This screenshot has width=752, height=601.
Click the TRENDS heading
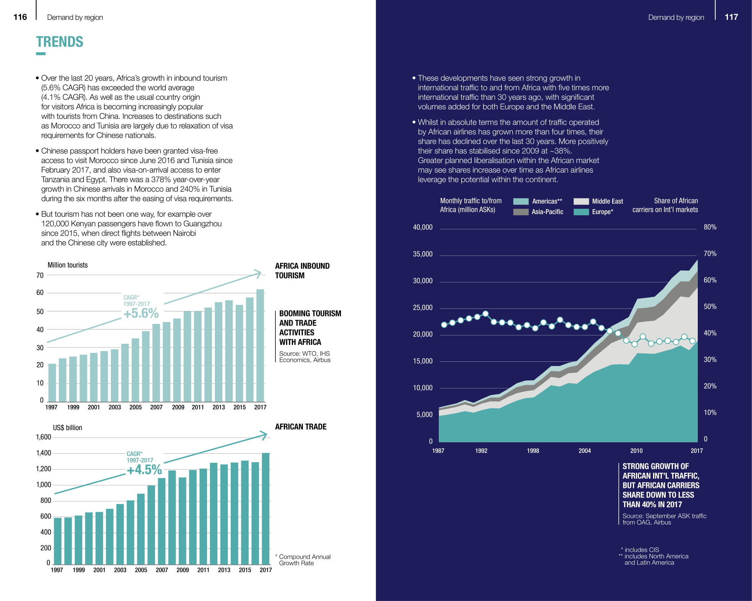point(60,42)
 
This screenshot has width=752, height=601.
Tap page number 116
point(20,17)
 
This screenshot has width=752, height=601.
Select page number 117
point(731,17)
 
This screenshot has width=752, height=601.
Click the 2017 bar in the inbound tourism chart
point(260,345)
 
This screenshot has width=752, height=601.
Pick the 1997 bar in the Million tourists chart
point(52,382)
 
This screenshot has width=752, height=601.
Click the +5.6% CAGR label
point(141,313)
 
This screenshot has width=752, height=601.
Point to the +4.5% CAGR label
point(144,470)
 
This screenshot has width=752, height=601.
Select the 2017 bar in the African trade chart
point(265,509)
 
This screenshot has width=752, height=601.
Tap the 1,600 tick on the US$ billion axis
point(44,437)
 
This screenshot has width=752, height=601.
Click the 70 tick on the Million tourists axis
point(40,275)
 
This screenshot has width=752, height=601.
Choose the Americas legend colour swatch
point(521,201)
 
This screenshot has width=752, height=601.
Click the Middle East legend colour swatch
point(581,201)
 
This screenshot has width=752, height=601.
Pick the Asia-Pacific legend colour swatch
point(521,212)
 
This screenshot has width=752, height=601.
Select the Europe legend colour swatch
point(581,212)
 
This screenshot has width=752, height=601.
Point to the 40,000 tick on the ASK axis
point(422,227)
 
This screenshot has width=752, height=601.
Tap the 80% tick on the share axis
point(710,227)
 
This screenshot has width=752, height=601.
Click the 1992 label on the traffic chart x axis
point(481,451)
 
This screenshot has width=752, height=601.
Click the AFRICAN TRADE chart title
point(301,427)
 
